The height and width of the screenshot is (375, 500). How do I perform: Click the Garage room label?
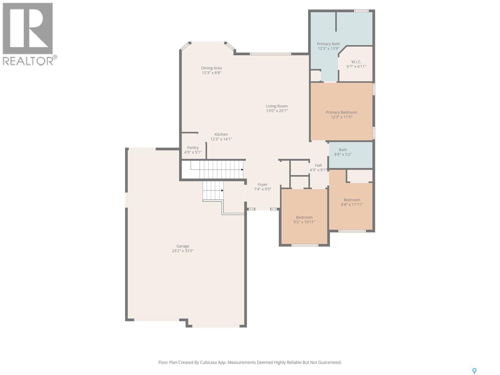click(x=182, y=246)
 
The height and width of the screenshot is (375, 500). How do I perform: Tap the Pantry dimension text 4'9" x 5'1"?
click(x=193, y=152)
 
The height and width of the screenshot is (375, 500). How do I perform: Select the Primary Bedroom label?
click(x=341, y=112)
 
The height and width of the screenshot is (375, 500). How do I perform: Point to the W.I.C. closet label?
click(x=356, y=62)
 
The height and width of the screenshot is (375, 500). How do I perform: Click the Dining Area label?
click(x=211, y=68)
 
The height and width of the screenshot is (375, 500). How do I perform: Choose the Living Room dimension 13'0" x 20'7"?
click(x=277, y=111)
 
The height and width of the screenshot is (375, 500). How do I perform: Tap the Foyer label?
click(x=262, y=184)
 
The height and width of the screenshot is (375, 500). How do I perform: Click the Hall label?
click(x=318, y=165)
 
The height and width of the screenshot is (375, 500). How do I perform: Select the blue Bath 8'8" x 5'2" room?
click(x=351, y=155)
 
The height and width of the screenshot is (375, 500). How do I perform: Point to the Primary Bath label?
click(x=328, y=44)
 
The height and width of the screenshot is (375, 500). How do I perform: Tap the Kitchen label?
click(x=221, y=134)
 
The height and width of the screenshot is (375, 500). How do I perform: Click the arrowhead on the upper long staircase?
click(x=242, y=170)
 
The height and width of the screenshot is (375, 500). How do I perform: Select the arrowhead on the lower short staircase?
click(x=222, y=190)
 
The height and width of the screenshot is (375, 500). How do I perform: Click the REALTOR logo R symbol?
click(x=28, y=28)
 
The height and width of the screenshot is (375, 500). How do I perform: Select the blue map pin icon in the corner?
click(x=474, y=371)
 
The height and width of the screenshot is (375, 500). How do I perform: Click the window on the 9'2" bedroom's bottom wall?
click(x=305, y=245)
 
